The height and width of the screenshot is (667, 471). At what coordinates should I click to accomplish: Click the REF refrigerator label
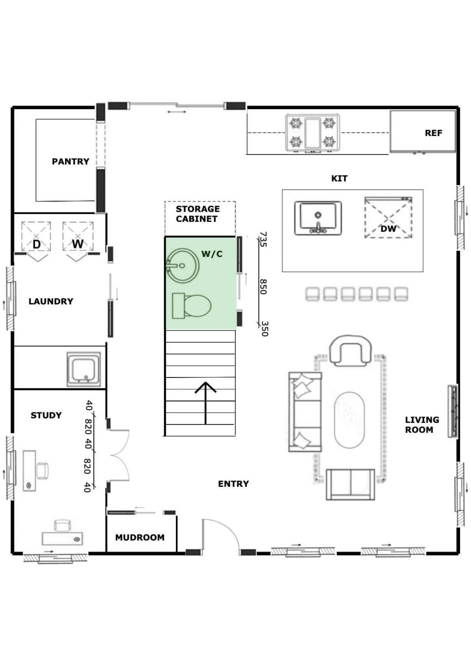(433, 133)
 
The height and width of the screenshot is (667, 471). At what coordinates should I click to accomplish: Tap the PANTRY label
(71, 162)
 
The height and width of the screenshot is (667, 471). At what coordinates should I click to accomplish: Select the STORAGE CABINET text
(198, 214)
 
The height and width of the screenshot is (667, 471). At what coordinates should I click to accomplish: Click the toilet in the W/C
(191, 306)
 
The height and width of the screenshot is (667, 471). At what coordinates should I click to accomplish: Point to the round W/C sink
(183, 266)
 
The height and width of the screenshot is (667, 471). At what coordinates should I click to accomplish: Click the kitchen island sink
(318, 218)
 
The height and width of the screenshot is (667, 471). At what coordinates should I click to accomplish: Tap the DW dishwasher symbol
(388, 217)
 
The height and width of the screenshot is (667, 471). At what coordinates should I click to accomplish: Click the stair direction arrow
(205, 403)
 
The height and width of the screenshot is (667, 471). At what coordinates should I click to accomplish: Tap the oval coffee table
(349, 420)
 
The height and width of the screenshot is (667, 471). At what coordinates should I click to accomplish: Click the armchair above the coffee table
(350, 350)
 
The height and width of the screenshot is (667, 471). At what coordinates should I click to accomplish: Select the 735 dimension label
(263, 239)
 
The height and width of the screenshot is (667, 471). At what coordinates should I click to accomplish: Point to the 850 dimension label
(263, 287)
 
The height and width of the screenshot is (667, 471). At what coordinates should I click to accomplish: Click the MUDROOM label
(140, 537)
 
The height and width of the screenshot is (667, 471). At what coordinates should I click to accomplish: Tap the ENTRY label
(233, 484)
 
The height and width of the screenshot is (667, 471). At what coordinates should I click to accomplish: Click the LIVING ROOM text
(422, 425)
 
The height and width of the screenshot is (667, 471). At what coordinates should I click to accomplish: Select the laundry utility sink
(84, 369)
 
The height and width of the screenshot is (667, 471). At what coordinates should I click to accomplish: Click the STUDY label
(46, 415)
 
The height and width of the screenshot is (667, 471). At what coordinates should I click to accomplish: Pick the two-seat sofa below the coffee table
(350, 484)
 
